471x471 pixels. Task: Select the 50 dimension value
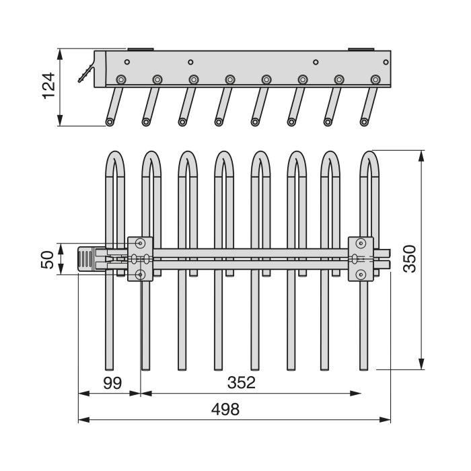pyautogui.click(x=47, y=258)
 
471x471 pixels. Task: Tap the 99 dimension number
pyautogui.click(x=112, y=383)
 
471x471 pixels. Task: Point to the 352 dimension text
pyautogui.click(x=242, y=383)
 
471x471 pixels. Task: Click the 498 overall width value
pyautogui.click(x=225, y=409)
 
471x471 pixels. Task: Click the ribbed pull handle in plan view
pyautogui.click(x=87, y=259)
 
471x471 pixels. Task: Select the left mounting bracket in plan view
pyautogui.click(x=141, y=258)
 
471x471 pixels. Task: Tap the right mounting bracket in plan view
pyautogui.click(x=361, y=258)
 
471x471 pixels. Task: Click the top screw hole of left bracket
pyautogui.click(x=140, y=242)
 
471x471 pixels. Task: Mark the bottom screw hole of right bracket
pyautogui.click(x=361, y=274)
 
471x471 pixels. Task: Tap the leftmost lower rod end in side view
pyautogui.click(x=109, y=122)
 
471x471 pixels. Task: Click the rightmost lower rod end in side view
pyautogui.click(x=363, y=122)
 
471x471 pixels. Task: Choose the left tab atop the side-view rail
pyautogui.click(x=139, y=48)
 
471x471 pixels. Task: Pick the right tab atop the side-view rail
pyautogui.click(x=360, y=48)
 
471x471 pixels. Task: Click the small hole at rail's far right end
pyautogui.click(x=386, y=61)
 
